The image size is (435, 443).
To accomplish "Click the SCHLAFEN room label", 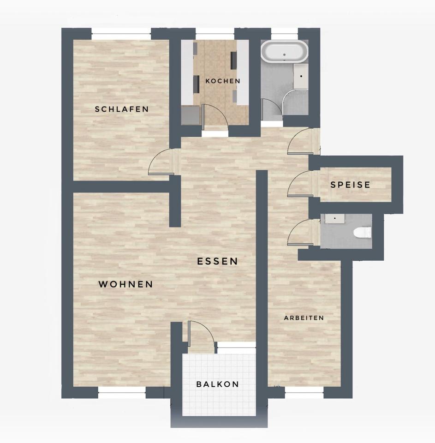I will click(x=122, y=109).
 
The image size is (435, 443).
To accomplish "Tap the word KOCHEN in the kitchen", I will click(x=223, y=81).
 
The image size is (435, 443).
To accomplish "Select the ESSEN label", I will click(x=217, y=261).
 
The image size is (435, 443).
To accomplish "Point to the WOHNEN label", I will click(x=125, y=284).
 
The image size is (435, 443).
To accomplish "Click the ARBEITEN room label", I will click(x=304, y=318).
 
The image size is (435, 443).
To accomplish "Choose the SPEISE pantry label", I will click(x=350, y=185).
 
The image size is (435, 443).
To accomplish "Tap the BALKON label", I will click(x=217, y=384).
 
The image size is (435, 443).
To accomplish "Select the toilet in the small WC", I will click(x=363, y=232).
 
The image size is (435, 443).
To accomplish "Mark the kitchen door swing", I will click(x=215, y=115).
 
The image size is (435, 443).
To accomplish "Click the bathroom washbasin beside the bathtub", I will click(x=301, y=76).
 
